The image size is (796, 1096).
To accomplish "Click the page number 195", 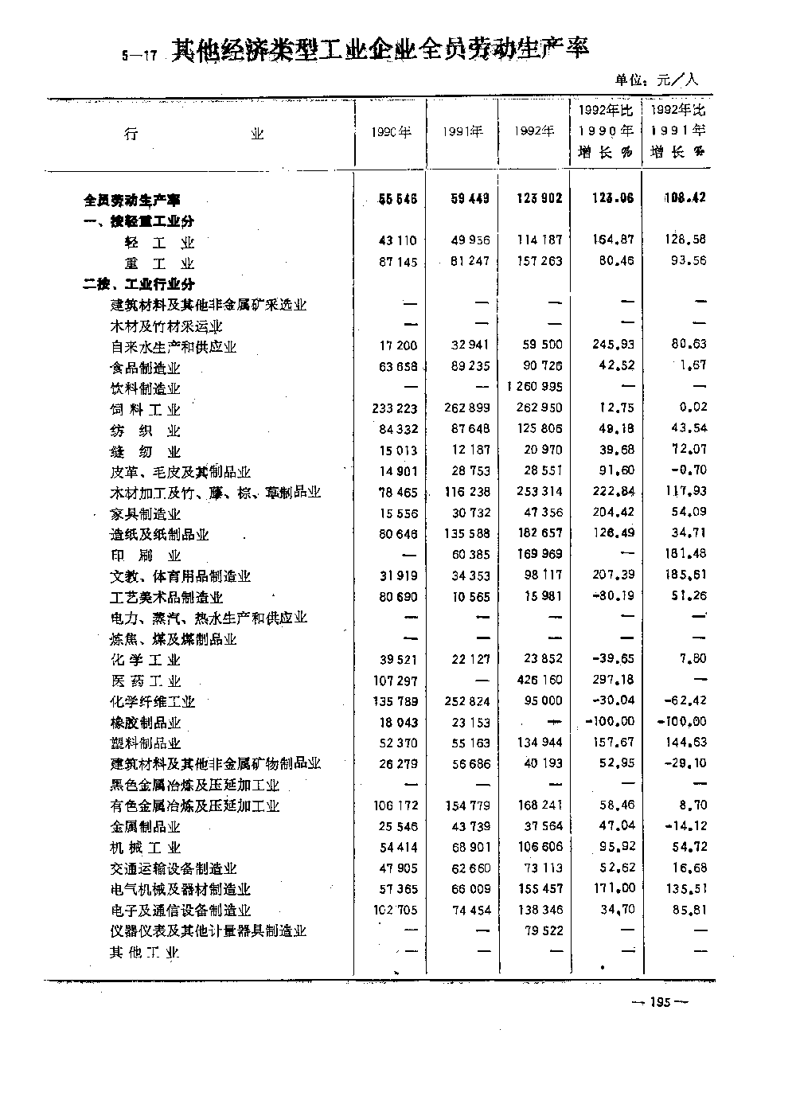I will (x=660, y=1002).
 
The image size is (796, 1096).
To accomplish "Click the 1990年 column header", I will (x=392, y=132).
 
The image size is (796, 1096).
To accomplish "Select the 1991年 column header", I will (x=463, y=132).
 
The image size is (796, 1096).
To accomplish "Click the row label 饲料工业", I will (x=146, y=409).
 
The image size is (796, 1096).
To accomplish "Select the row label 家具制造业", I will (x=146, y=514).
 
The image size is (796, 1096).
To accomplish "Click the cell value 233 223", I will (x=395, y=408).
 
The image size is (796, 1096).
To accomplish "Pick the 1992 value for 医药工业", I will (x=540, y=680).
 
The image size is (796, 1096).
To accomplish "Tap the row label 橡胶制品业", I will (x=146, y=723).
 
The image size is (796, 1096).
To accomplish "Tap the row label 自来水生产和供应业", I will (x=174, y=347).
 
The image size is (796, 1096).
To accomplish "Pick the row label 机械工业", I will (x=146, y=848).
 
